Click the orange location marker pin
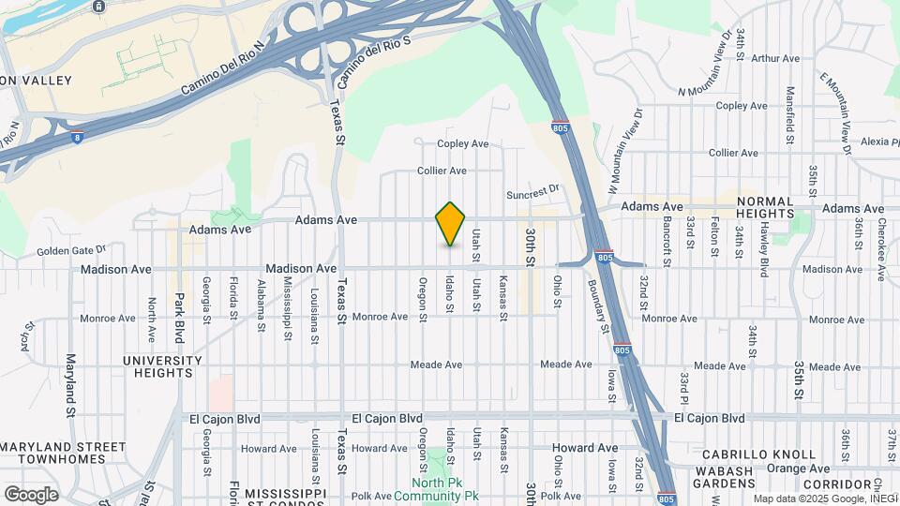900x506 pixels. [x=451, y=224]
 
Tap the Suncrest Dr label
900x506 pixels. [x=532, y=192]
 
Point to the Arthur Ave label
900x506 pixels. [x=775, y=58]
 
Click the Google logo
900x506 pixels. [x=31, y=494]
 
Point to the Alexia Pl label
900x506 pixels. [x=876, y=142]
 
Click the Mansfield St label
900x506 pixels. [x=790, y=117]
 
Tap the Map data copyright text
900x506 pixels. [x=825, y=498]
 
